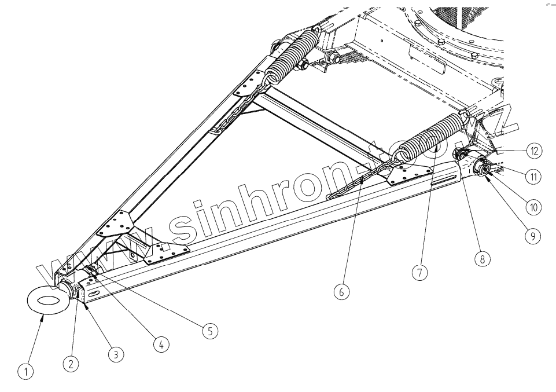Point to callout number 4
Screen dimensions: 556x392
pos(161,345)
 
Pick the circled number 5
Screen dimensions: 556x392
pos(209,330)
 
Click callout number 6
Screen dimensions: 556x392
pos(341,292)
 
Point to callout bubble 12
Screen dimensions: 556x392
pos(533,151)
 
